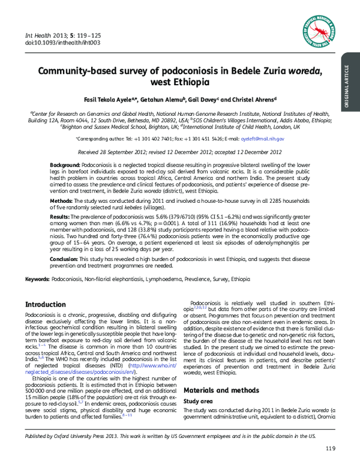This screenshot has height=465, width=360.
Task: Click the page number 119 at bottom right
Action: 330,449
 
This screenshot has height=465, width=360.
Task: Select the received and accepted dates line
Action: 180,153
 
